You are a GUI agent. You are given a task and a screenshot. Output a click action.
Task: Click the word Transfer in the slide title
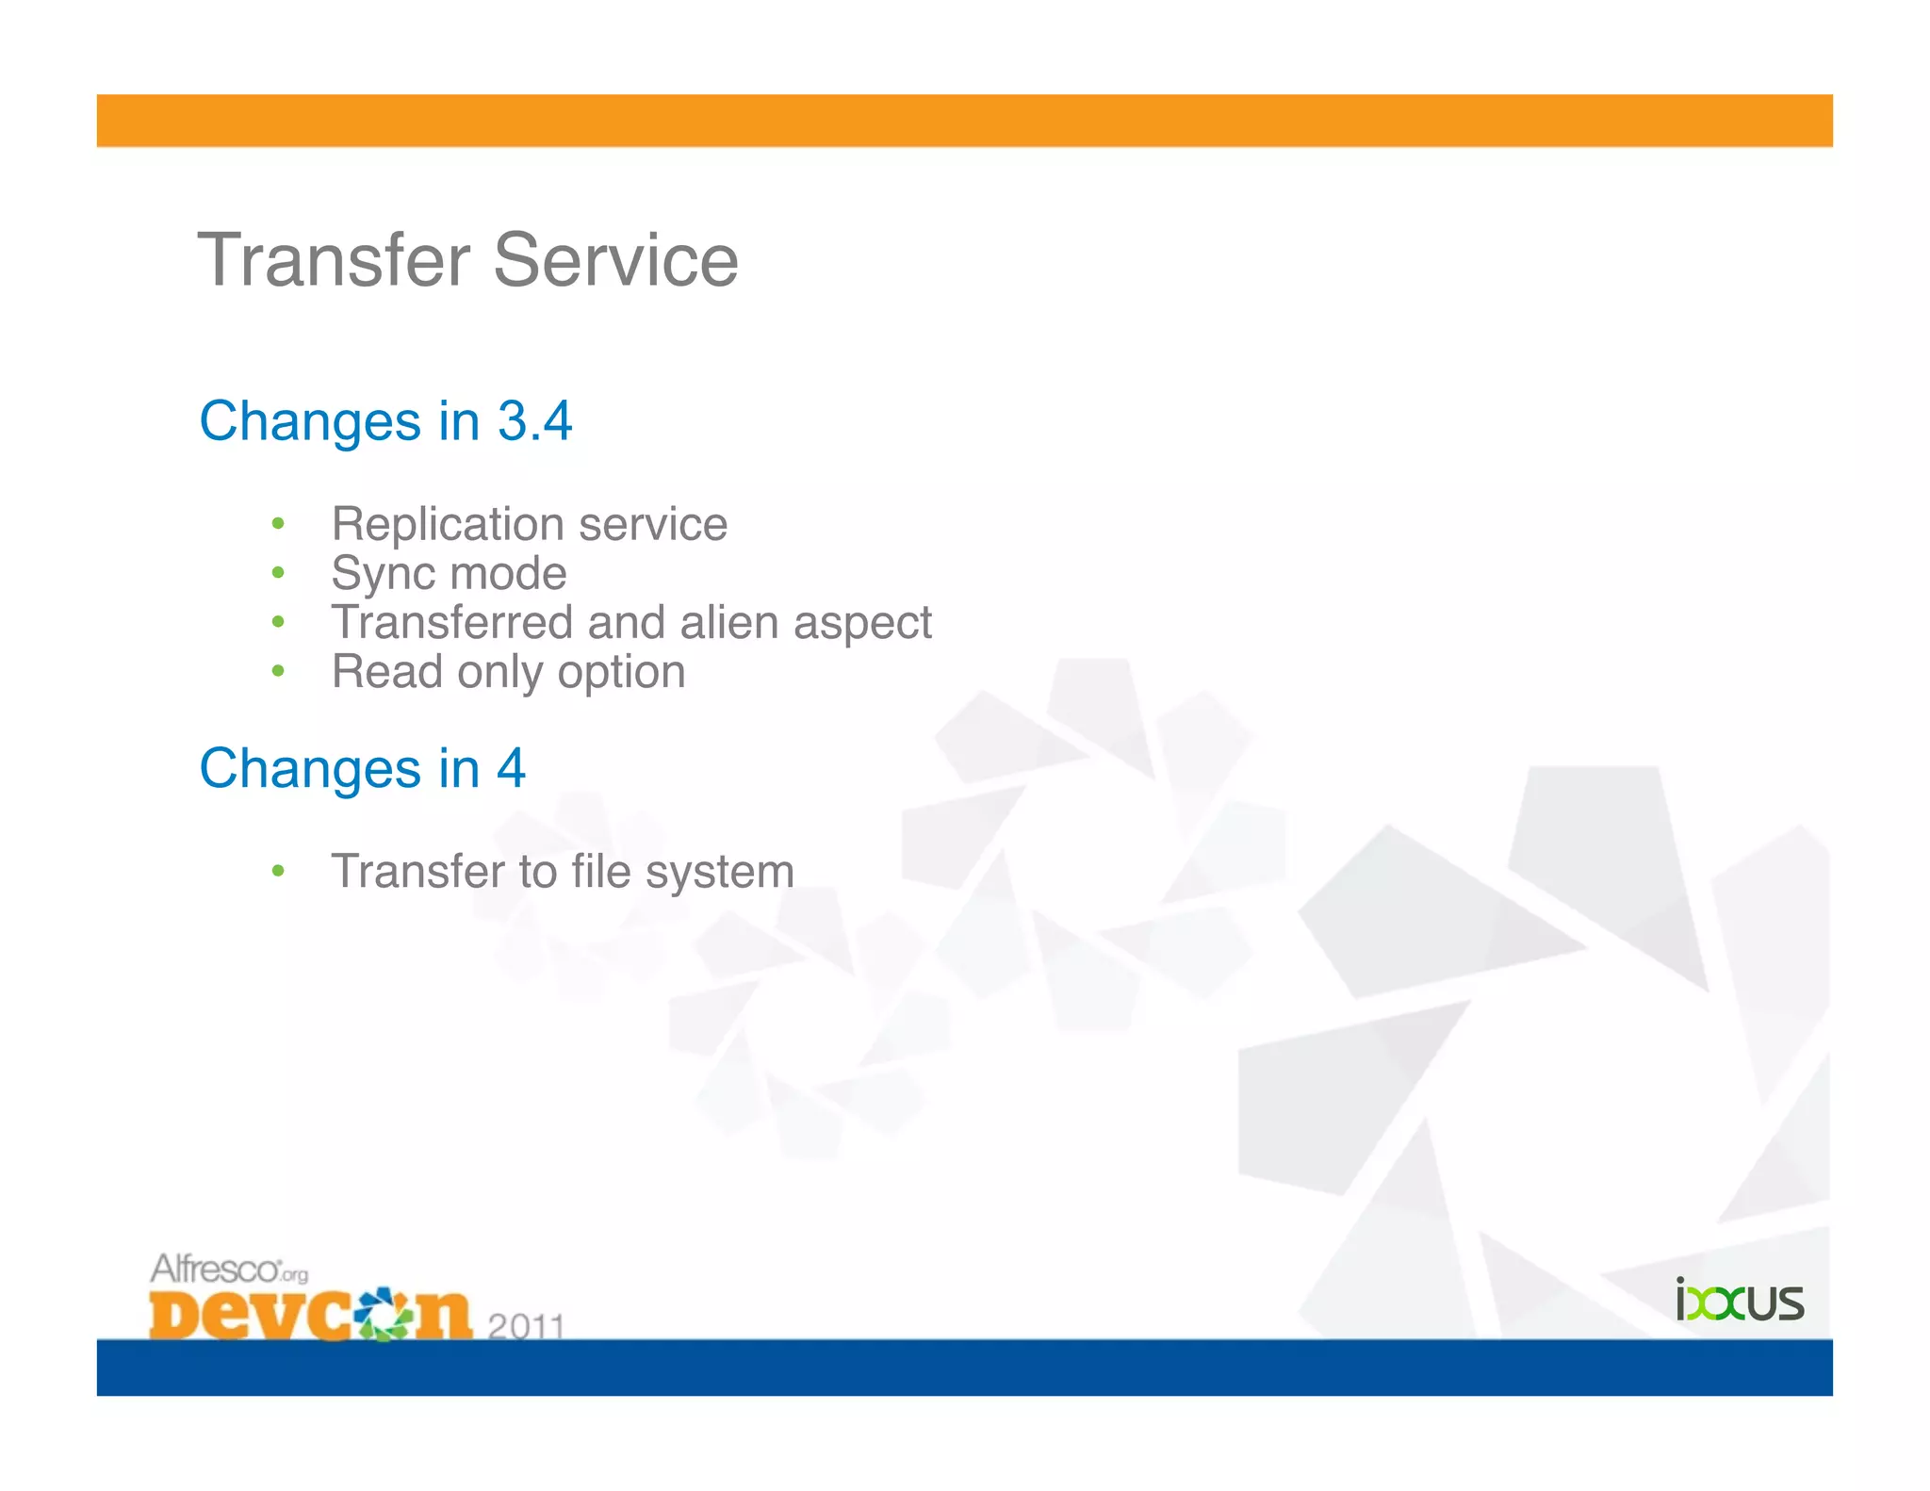334,260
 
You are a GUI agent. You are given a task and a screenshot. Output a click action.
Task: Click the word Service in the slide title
615,260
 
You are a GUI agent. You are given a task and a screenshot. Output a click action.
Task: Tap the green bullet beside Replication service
278,524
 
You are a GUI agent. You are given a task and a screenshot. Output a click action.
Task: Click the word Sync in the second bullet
379,574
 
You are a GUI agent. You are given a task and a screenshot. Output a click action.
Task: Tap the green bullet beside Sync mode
278,573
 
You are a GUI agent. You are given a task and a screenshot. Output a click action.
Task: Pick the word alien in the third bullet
730,623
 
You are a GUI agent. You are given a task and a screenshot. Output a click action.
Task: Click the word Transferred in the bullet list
452,623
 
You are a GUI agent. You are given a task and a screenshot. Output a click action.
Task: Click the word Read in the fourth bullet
386,672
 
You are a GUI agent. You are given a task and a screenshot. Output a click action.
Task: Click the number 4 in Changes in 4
511,768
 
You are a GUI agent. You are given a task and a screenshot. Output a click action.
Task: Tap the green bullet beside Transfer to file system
278,871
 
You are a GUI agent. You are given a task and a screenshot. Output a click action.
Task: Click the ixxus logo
1739,1301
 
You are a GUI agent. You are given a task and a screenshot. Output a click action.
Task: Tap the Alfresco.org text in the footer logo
228,1269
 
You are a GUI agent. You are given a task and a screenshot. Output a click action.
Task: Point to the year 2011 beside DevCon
526,1325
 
